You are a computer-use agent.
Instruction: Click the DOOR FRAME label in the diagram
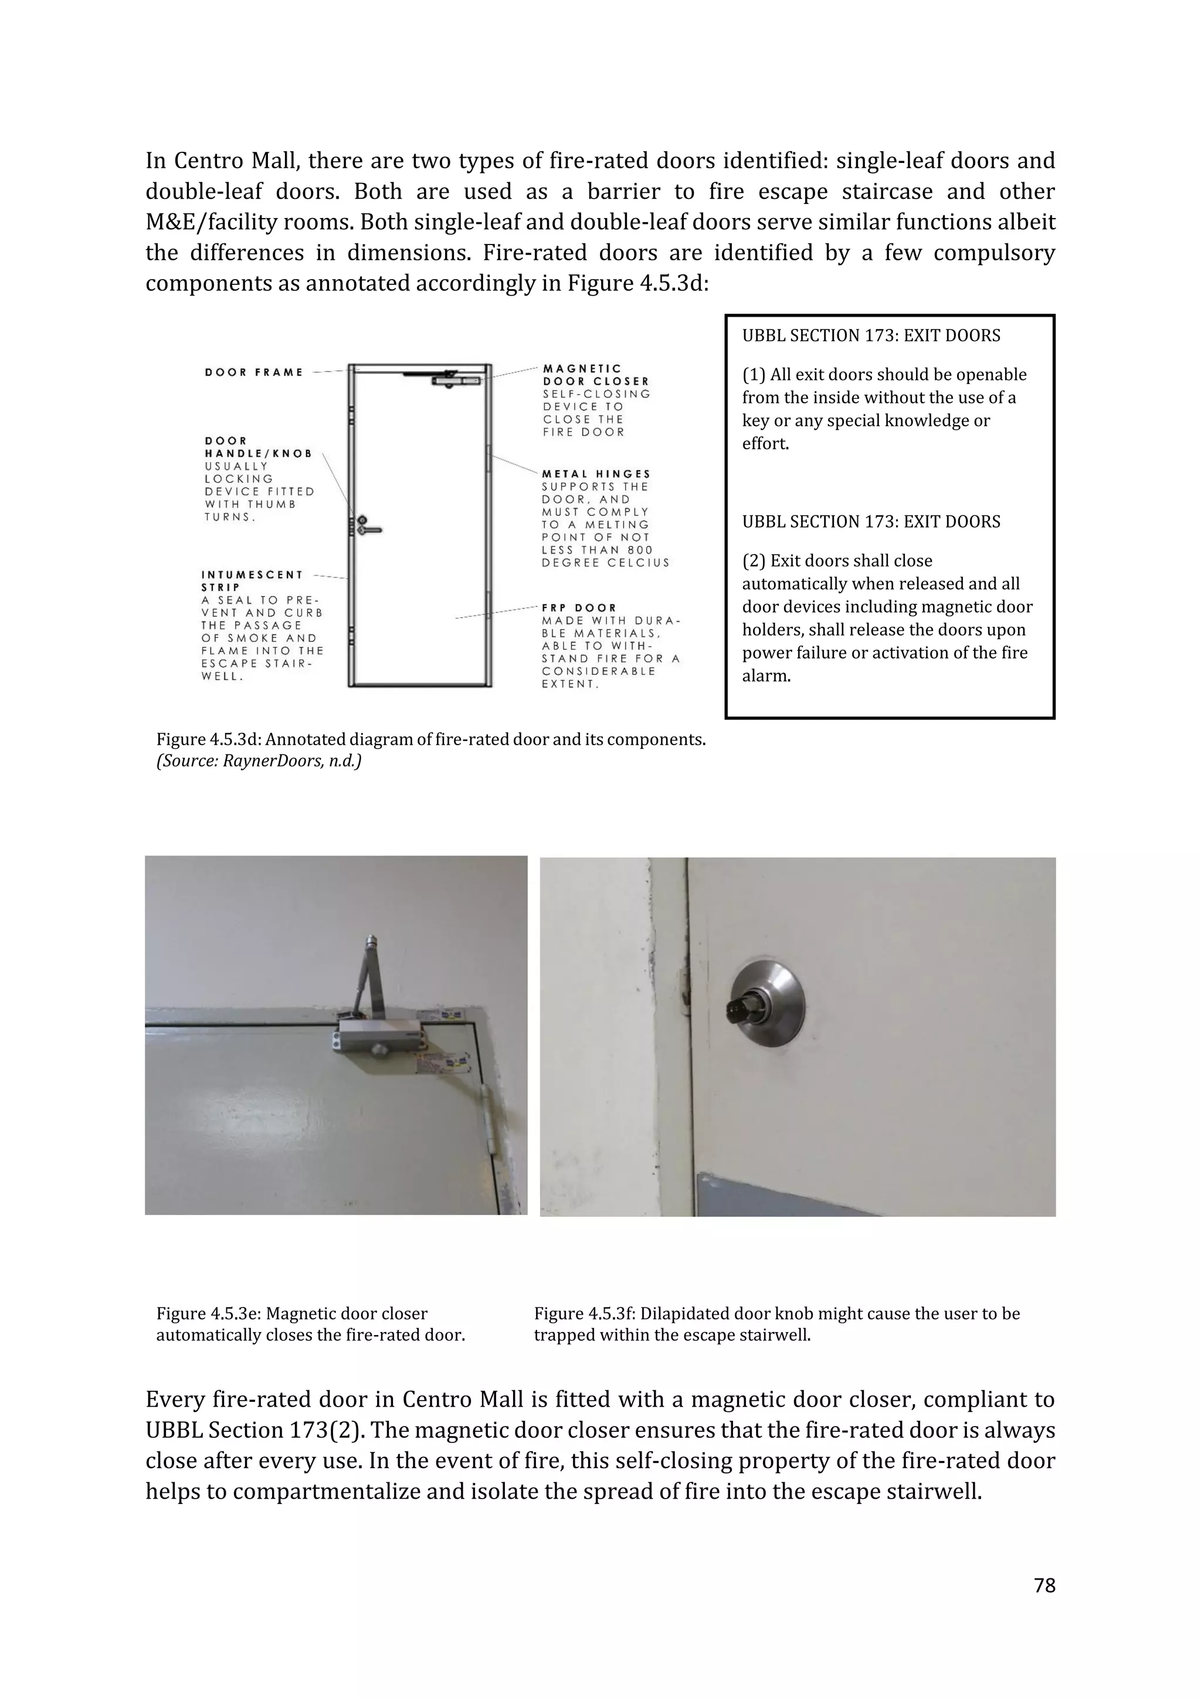pyautogui.click(x=254, y=372)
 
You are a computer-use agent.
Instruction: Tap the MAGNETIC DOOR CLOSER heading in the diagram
pyautogui.click(x=595, y=375)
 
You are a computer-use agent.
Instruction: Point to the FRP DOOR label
pyautogui.click(x=579, y=607)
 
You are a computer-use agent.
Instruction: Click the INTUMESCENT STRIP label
pyautogui.click(x=252, y=580)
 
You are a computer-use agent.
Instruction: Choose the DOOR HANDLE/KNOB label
pyautogui.click(x=258, y=447)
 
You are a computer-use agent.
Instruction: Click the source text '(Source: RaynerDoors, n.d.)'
pyautogui.click(x=258, y=760)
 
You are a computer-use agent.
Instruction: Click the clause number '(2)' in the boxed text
pyautogui.click(x=754, y=561)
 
